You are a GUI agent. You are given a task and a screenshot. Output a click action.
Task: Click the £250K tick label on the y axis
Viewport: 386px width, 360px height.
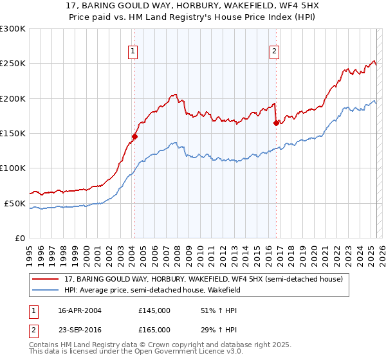click(x=13, y=64)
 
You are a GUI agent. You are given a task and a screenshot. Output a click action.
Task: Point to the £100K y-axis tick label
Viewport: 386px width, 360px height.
click(x=13, y=168)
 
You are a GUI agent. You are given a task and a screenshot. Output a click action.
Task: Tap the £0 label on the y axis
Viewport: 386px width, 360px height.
click(x=20, y=238)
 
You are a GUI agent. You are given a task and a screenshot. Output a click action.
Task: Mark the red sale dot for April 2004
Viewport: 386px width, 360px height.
click(x=134, y=136)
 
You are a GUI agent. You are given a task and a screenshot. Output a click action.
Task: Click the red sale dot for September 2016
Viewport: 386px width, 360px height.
click(x=276, y=123)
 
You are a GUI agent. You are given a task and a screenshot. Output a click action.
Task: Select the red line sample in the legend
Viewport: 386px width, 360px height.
click(x=46, y=279)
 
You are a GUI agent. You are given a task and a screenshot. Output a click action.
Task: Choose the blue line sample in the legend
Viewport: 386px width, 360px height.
click(x=46, y=290)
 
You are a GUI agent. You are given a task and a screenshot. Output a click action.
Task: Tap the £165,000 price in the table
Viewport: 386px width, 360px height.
click(x=154, y=329)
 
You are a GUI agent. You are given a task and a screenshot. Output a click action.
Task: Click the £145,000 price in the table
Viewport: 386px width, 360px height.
click(x=154, y=310)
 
